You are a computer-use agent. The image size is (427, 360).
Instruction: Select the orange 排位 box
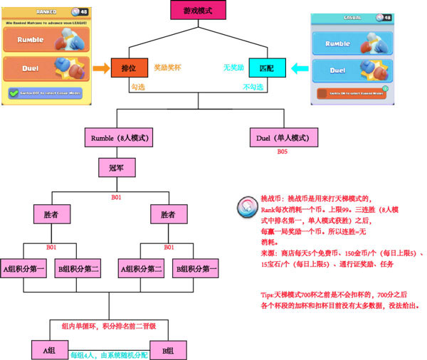point(129,68)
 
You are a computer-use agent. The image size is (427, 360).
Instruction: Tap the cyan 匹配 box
point(265,68)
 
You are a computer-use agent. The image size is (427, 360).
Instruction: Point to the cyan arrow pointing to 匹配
point(299,68)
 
